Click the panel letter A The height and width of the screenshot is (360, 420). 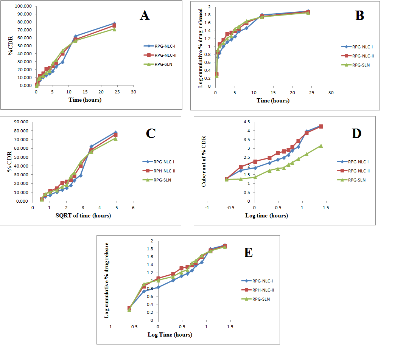(x=145, y=16)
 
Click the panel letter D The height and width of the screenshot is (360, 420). (x=356, y=133)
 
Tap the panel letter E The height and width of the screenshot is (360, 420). (x=248, y=252)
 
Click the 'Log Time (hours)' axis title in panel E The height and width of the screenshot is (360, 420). (x=170, y=335)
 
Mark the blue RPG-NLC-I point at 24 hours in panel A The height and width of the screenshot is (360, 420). (x=114, y=23)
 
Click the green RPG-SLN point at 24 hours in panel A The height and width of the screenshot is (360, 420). (x=114, y=29)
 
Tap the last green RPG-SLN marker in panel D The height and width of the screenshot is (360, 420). (x=321, y=146)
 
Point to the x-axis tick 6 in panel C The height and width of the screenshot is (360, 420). (x=133, y=208)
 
